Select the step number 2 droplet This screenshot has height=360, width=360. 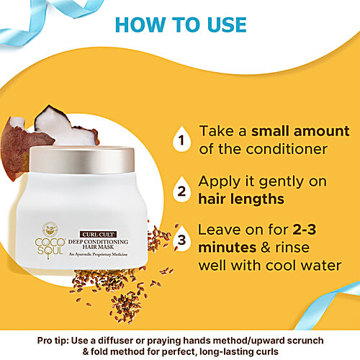[x=182, y=192]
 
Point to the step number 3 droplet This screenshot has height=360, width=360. [x=182, y=240]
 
